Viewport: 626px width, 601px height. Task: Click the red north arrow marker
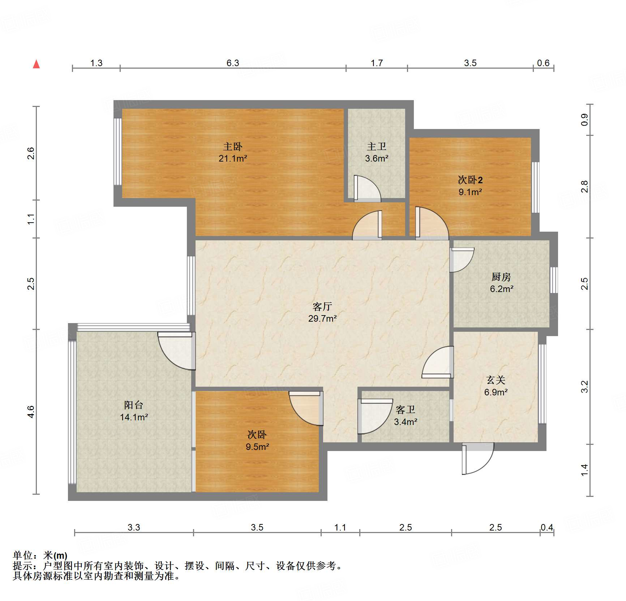tap(36, 64)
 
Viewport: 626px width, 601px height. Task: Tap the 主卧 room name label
tap(233, 146)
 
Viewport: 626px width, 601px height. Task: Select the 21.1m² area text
tap(233, 158)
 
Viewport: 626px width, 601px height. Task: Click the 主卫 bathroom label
tap(377, 146)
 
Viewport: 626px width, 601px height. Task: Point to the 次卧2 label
tap(470, 180)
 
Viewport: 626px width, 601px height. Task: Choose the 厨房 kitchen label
tap(501, 277)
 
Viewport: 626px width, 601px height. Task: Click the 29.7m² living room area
tap(322, 318)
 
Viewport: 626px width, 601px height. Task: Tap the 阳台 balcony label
tap(134, 405)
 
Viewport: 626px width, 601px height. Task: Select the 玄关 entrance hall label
tap(496, 380)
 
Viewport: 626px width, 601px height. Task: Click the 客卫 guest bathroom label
tap(406, 409)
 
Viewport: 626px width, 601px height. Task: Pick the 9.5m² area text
tap(257, 447)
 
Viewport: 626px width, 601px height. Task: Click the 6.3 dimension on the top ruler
tap(233, 63)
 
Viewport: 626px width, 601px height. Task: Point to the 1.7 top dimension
tap(377, 63)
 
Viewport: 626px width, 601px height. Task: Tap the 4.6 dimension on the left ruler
tap(31, 412)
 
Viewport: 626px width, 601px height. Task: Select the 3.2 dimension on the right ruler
tap(584, 387)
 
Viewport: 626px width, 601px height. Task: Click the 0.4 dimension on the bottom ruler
tap(547, 527)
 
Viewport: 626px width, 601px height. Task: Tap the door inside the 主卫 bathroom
tap(367, 188)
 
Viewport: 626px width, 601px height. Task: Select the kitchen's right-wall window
tap(554, 280)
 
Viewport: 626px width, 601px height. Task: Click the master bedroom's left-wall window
tap(118, 152)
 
